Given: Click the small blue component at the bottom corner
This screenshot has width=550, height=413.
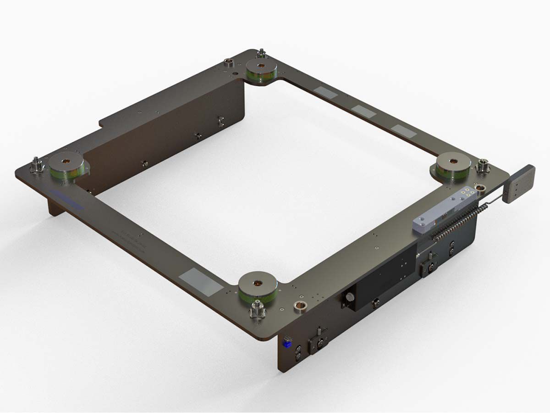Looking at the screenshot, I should (x=288, y=342).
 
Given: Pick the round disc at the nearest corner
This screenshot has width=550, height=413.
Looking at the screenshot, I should (x=257, y=287).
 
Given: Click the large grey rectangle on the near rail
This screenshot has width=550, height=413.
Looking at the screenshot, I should (x=199, y=282).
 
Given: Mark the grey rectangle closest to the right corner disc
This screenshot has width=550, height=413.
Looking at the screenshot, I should (x=403, y=131).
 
